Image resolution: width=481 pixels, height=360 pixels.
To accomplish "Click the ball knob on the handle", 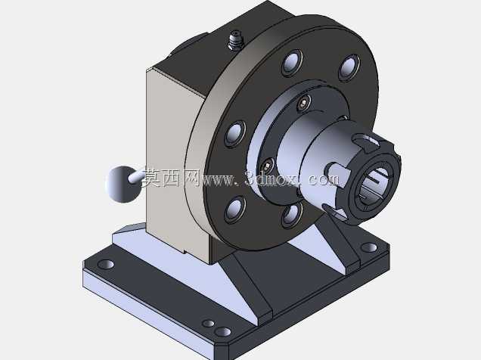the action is pos(122,185).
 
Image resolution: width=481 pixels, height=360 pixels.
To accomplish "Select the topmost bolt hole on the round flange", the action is pos(292,63).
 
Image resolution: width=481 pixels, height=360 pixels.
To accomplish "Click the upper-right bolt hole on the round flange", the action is pos(349,67).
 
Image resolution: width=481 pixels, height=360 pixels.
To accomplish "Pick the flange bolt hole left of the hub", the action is pos(235,134).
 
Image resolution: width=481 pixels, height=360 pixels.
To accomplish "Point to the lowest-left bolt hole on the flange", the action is pos(235,209).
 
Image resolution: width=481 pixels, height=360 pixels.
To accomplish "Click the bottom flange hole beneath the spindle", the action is pos(292,215).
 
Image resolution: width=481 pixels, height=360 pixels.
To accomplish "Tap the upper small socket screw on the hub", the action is pos(304,103).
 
